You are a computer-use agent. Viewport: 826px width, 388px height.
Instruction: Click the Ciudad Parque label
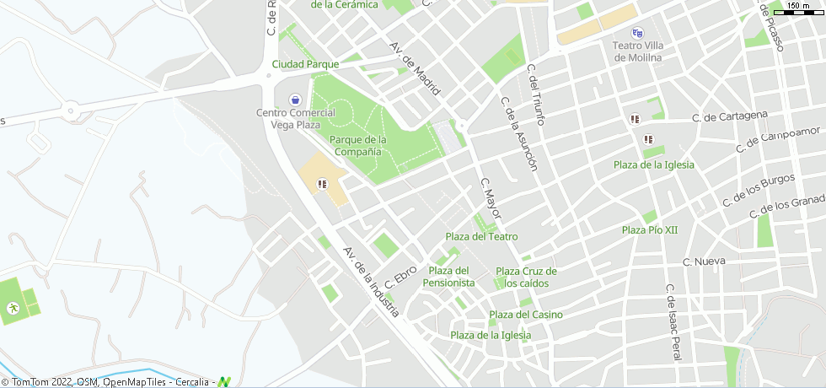tap(305, 64)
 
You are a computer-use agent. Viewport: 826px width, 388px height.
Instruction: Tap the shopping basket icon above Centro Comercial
tap(294, 99)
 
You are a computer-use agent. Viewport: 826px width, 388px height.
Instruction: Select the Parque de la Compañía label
tap(358, 145)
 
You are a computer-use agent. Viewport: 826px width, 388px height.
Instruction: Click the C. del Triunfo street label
tap(536, 95)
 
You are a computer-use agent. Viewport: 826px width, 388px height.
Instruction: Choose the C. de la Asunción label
tap(518, 133)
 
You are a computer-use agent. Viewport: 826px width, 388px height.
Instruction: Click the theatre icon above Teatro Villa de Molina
tap(637, 33)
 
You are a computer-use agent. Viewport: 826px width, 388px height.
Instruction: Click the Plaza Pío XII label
tap(650, 229)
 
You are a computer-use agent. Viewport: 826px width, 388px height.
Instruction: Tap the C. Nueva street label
tap(704, 261)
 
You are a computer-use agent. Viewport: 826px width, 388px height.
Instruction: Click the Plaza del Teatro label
tap(481, 236)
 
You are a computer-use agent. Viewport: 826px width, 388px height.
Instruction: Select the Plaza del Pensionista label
tap(449, 277)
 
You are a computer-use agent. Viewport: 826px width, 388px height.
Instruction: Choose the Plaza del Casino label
tap(526, 315)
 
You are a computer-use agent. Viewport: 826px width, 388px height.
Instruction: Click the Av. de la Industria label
tap(371, 282)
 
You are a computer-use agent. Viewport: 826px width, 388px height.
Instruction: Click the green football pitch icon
tap(13, 309)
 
